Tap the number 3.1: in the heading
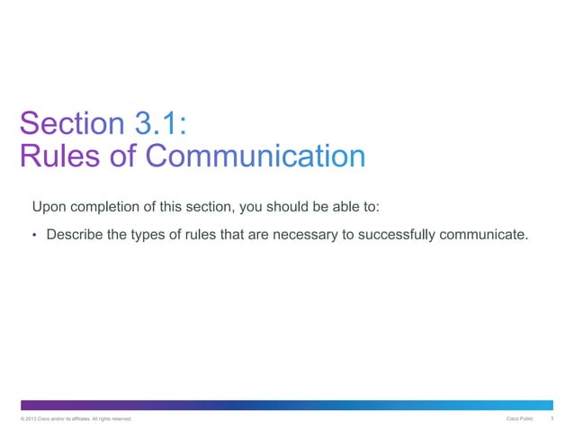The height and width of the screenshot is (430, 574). (160, 123)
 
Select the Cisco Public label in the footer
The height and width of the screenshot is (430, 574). (520, 418)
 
